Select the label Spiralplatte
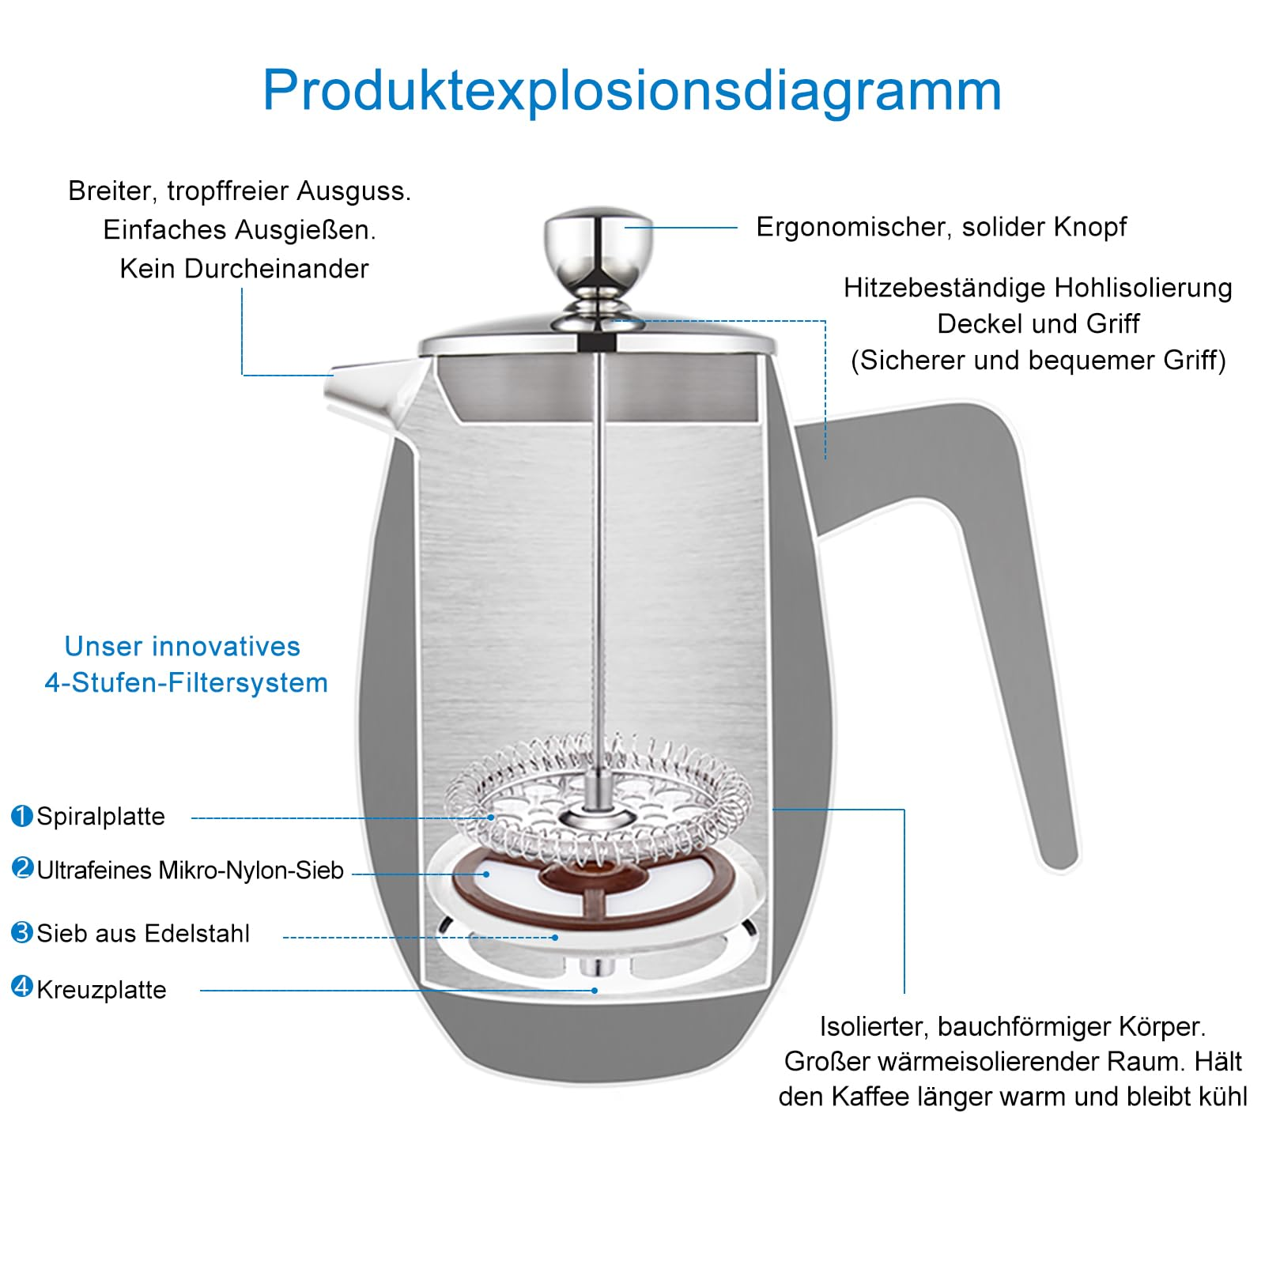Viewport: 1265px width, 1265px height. point(100,816)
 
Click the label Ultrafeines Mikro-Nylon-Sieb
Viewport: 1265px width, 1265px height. point(190,870)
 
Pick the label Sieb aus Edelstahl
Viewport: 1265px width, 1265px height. point(143,934)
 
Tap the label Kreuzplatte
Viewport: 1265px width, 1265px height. point(101,990)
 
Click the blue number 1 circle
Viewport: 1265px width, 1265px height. point(22,815)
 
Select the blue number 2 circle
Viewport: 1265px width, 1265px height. point(22,868)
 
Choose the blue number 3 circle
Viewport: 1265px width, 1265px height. point(22,932)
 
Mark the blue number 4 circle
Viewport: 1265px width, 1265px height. point(22,987)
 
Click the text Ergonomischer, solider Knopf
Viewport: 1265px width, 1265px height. point(941,228)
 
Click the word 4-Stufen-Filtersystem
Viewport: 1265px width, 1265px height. point(186,682)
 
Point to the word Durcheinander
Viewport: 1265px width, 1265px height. point(277,269)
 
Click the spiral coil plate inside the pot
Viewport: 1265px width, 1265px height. point(599,800)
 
